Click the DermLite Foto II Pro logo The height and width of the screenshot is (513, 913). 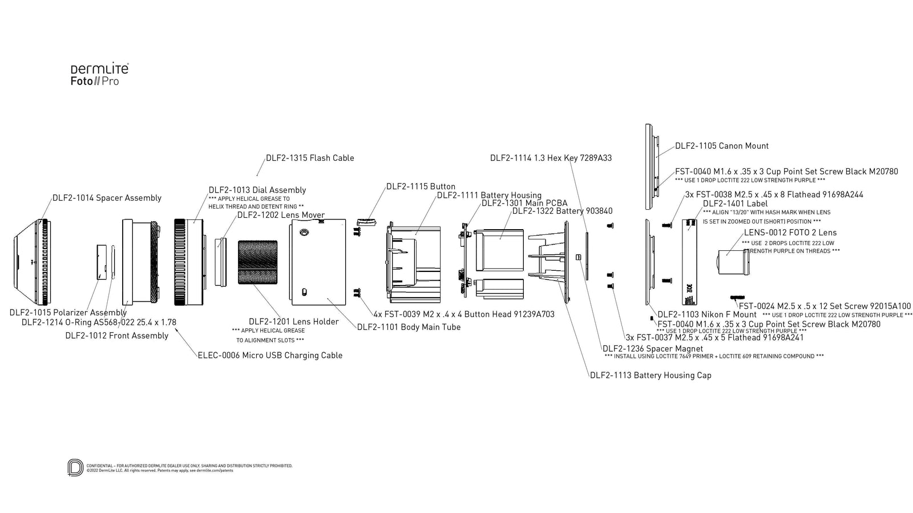click(99, 75)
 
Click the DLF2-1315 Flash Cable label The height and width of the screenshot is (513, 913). click(310, 158)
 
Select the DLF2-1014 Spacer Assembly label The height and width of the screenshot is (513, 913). click(107, 198)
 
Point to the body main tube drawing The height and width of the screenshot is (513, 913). click(318, 262)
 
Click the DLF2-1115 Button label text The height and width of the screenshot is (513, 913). click(421, 186)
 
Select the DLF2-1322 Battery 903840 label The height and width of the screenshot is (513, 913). click(562, 211)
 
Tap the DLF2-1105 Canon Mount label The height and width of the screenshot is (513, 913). click(721, 146)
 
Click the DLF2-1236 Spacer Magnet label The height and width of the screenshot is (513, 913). click(653, 348)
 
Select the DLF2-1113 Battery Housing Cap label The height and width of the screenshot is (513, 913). click(651, 375)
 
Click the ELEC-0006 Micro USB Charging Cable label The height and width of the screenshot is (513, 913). click(270, 355)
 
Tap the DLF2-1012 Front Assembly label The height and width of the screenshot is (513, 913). click(116, 335)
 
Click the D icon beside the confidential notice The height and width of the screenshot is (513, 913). click(75, 467)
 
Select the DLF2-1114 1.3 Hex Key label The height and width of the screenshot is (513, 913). click(551, 158)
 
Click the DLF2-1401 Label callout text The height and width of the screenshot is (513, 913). click(735, 203)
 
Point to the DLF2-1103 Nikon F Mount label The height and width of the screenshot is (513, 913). click(706, 314)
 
